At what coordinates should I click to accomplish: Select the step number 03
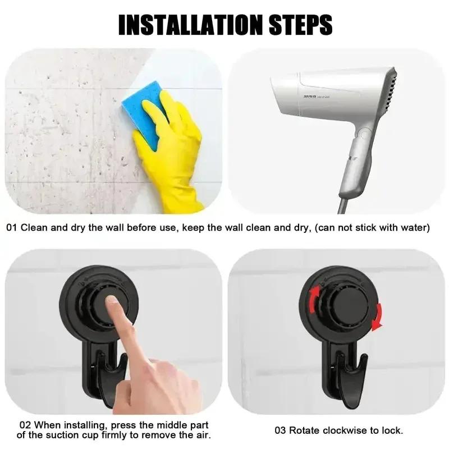[281, 430]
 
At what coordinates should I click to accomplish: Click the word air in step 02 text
[204, 436]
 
